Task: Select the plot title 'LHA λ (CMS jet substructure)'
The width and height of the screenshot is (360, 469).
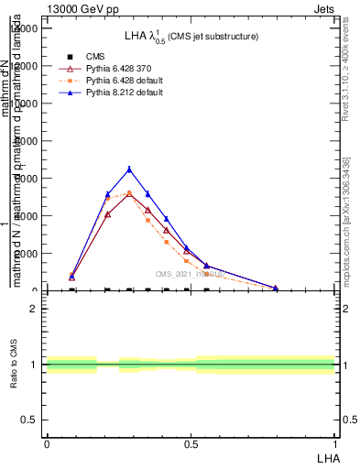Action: [x=191, y=36]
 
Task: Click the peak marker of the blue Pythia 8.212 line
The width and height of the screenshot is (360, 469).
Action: [x=129, y=169]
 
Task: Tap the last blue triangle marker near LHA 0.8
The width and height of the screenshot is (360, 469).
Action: [x=275, y=288]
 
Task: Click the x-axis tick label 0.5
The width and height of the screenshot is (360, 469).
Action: [x=191, y=442]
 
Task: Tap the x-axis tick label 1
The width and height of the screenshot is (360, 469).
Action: [x=335, y=442]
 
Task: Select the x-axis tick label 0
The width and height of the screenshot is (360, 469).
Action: [x=47, y=442]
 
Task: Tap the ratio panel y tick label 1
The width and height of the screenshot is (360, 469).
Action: [x=34, y=365]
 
